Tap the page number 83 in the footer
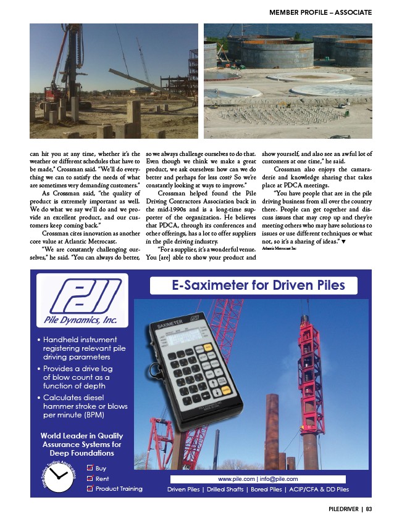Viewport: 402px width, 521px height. point(368,509)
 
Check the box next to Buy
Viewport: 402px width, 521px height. point(89,469)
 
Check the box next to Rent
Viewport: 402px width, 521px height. point(89,478)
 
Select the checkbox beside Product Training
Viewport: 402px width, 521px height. point(89,488)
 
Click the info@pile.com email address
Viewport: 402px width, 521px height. point(279,479)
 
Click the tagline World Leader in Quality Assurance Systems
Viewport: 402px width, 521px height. point(82,444)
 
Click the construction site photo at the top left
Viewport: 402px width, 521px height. point(114,81)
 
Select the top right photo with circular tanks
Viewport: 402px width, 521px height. point(288,81)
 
